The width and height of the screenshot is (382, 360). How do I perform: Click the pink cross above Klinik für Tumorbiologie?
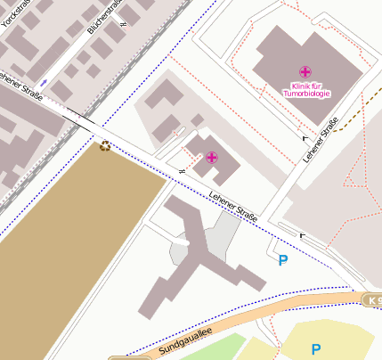305,71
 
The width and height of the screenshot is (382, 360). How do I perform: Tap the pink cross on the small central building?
211,158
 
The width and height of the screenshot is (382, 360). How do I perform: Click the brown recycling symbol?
105,145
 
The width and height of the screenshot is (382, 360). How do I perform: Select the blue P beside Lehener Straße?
283,260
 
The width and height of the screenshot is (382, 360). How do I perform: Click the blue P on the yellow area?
315,349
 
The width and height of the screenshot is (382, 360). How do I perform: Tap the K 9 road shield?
373,300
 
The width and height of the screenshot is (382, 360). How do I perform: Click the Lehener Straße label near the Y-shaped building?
232,206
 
